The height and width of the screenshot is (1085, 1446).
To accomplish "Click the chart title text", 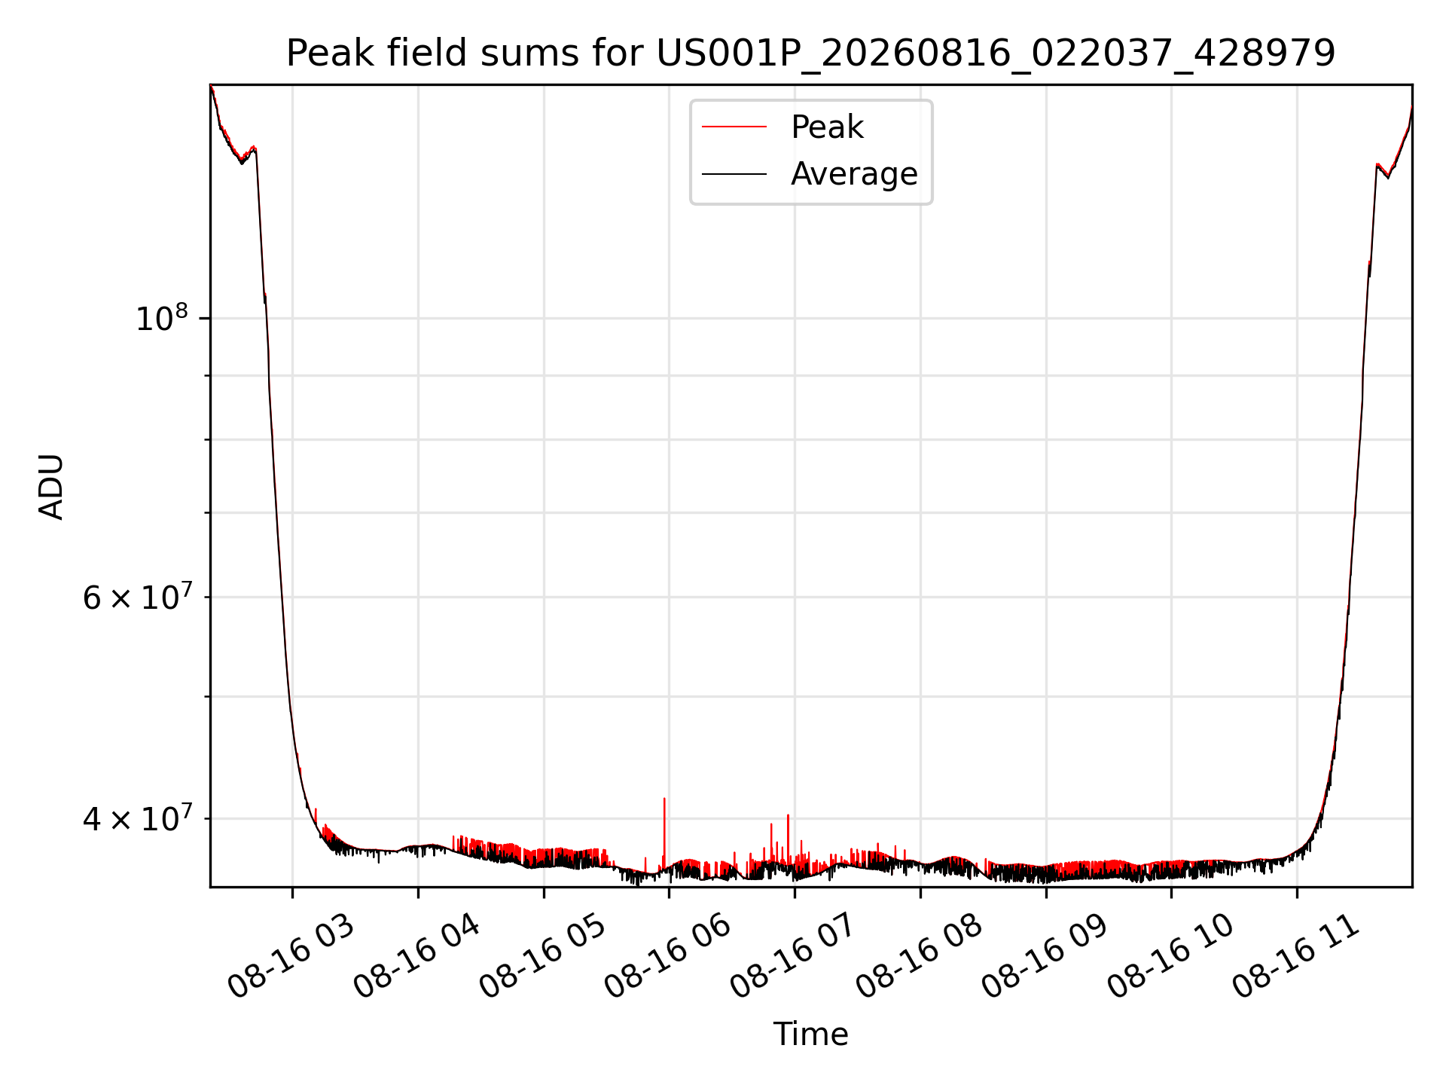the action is [810, 53].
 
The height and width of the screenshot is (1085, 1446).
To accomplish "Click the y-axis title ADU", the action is [51, 487].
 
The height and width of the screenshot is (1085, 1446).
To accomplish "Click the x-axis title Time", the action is [810, 1035].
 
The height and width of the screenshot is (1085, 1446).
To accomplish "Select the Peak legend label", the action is [827, 127].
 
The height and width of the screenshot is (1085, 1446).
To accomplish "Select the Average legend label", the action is [854, 174].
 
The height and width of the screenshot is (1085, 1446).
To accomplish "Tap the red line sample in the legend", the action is [734, 127].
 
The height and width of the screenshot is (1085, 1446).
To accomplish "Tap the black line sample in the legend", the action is [734, 174].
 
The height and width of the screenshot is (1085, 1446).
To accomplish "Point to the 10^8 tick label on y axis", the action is [161, 318].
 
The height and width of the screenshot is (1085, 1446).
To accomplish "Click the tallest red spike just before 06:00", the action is [664, 829].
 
